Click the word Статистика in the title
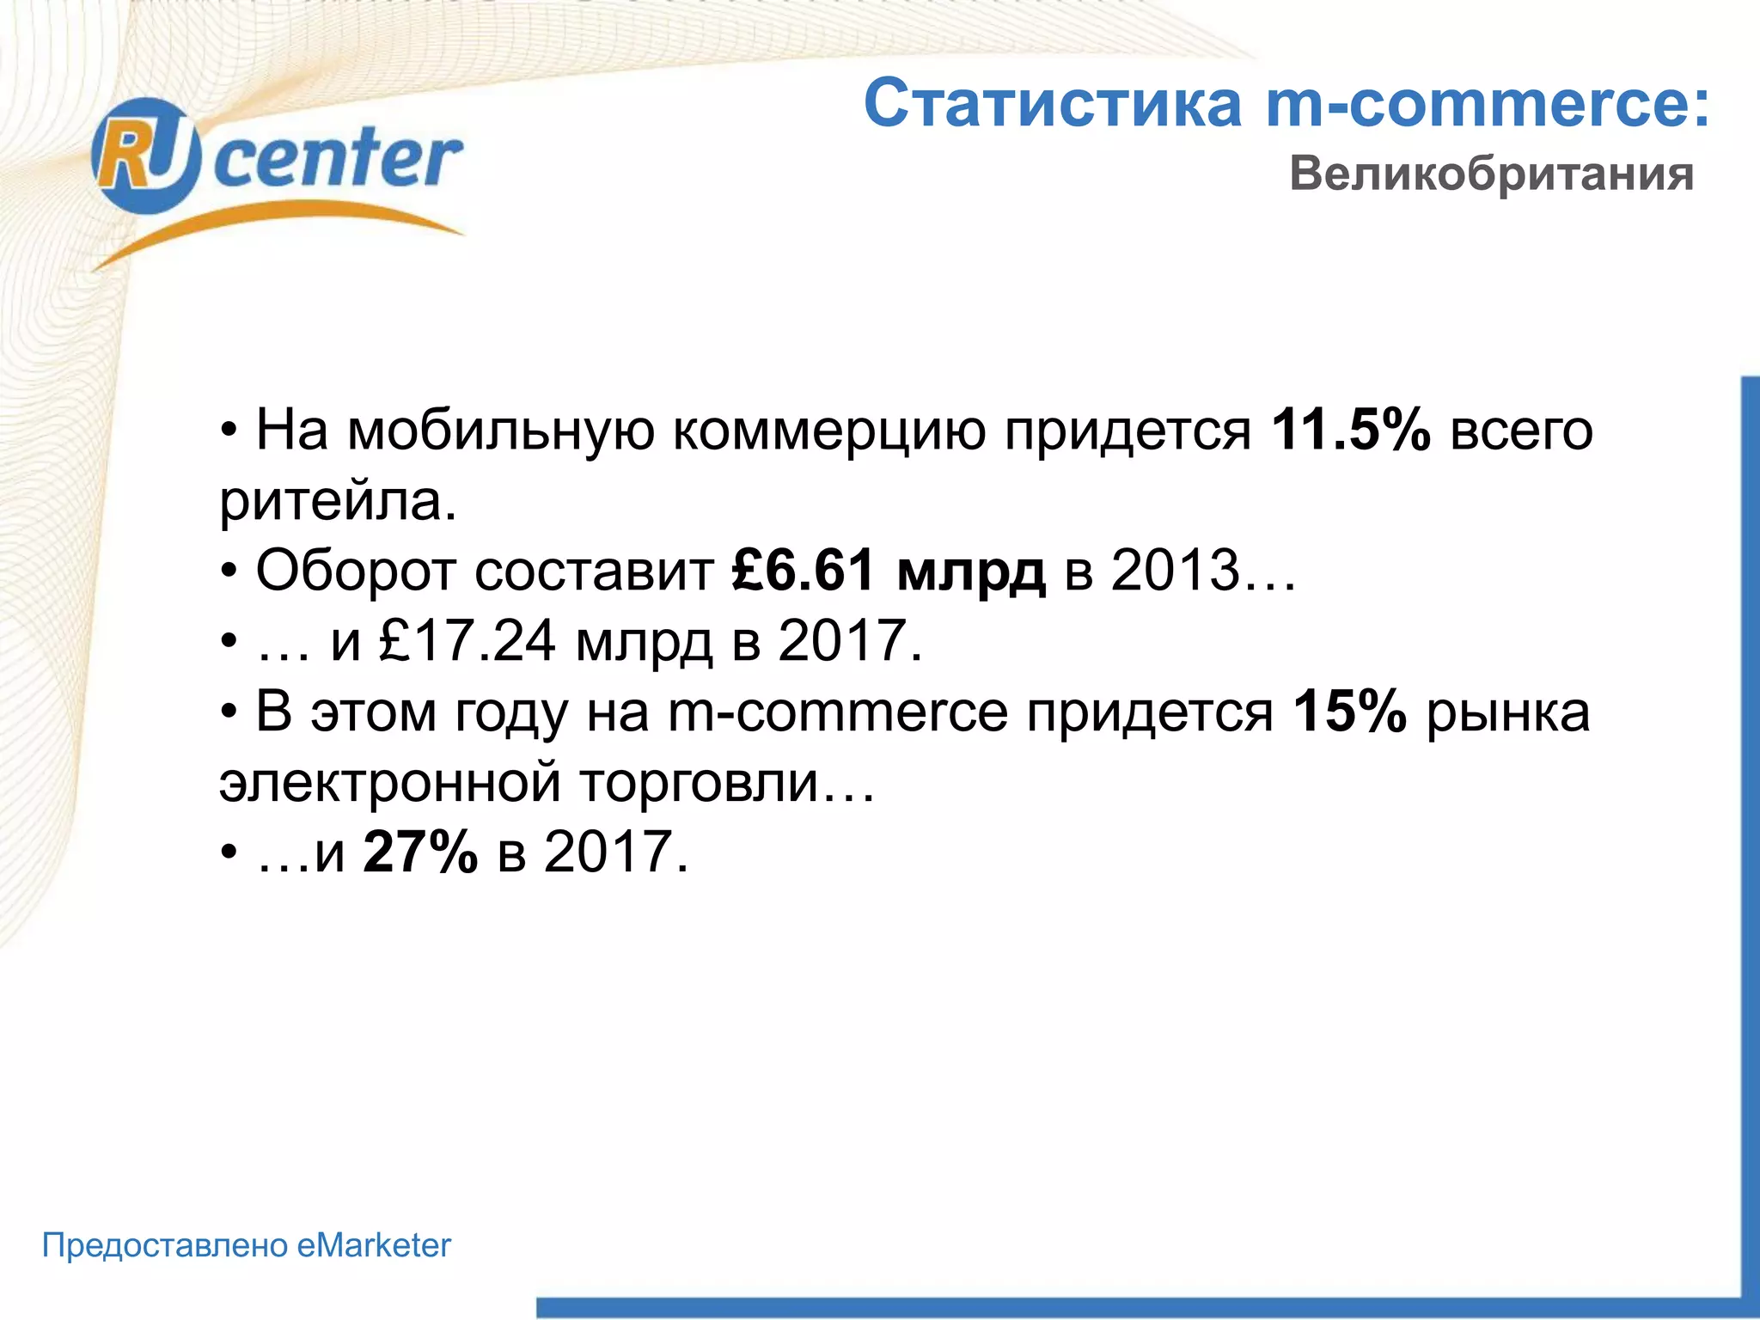point(1053,103)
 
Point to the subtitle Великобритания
point(1491,174)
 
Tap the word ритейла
point(338,500)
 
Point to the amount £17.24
point(467,641)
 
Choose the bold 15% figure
point(1349,712)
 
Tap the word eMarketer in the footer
point(374,1245)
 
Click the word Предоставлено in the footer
point(165,1245)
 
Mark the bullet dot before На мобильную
point(229,431)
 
